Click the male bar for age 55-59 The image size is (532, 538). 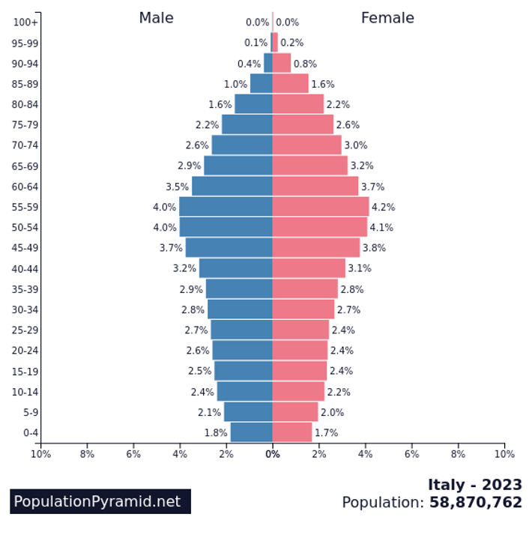pyautogui.click(x=226, y=207)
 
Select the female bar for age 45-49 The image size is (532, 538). pyautogui.click(x=315, y=248)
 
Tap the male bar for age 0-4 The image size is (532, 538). pyautogui.click(x=251, y=432)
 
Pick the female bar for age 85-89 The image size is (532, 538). pyautogui.click(x=290, y=84)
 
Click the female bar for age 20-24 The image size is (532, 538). pyautogui.click(x=300, y=350)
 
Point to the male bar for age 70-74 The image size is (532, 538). pyautogui.click(x=241, y=145)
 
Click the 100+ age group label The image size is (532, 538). pyautogui.click(x=26, y=22)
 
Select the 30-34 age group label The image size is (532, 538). pyautogui.click(x=26, y=309)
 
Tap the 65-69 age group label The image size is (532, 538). pyautogui.click(x=26, y=166)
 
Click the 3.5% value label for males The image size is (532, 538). pyautogui.click(x=178, y=187)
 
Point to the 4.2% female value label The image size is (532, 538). pyautogui.click(x=383, y=208)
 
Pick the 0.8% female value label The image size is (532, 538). pyautogui.click(x=305, y=64)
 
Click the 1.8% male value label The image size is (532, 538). pyautogui.click(x=216, y=432)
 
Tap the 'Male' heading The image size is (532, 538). pyautogui.click(x=156, y=18)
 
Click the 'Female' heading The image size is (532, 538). pyautogui.click(x=387, y=18)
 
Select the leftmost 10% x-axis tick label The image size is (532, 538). pyautogui.click(x=40, y=454)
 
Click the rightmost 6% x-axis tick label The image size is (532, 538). pyautogui.click(x=411, y=454)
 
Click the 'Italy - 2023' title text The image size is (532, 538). pyautogui.click(x=475, y=485)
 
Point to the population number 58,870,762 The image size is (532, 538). pyautogui.click(x=476, y=503)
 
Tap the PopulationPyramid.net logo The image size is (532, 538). pyautogui.click(x=100, y=501)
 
